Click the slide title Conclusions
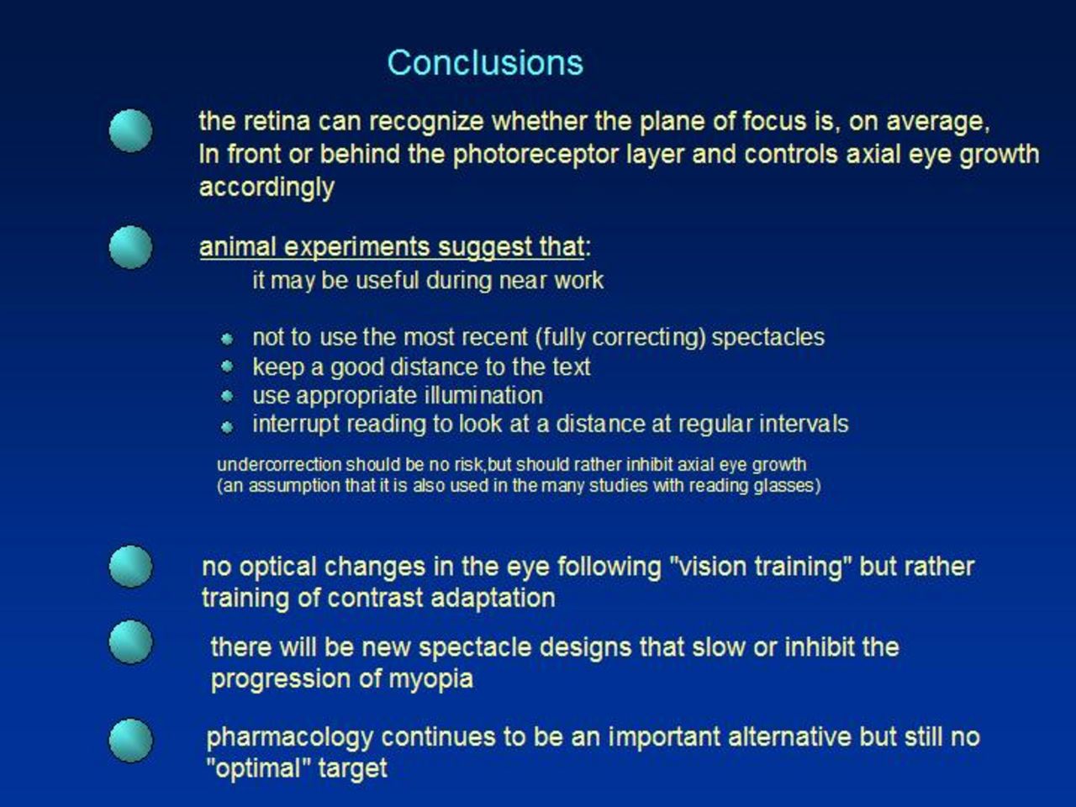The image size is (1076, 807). [485, 63]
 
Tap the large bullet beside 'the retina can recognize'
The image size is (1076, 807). [130, 130]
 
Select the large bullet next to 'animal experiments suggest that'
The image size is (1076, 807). [130, 247]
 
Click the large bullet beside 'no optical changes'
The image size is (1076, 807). [130, 567]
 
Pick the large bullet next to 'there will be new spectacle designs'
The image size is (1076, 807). [130, 642]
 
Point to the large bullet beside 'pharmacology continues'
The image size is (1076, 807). [130, 741]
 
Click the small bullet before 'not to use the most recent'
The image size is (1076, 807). [226, 339]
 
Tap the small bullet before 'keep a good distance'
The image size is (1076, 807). [226, 366]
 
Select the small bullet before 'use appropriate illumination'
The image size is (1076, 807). [226, 395]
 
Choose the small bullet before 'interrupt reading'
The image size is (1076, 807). [226, 427]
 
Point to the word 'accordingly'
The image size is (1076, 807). [266, 188]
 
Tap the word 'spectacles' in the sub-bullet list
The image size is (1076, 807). [768, 338]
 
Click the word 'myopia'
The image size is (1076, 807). [431, 680]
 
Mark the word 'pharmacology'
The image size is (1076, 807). [290, 738]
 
